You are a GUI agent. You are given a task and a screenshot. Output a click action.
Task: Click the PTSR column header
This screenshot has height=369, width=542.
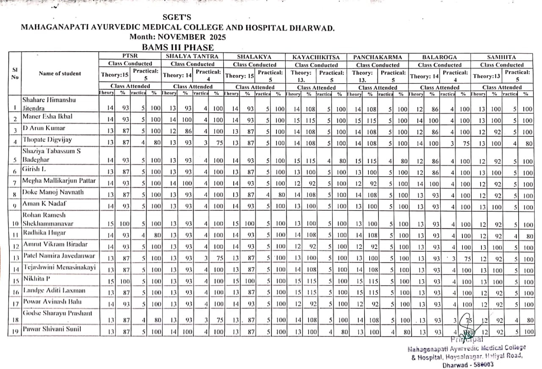[x=130, y=56]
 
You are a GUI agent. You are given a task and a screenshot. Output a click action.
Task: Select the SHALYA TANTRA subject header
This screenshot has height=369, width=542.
[x=192, y=56]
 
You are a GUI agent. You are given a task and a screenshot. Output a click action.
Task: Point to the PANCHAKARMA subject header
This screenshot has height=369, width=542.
[x=378, y=56]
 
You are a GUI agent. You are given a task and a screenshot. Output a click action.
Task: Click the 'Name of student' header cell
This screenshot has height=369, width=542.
[x=60, y=74]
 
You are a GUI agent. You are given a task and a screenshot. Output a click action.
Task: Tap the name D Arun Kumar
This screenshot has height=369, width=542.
[x=44, y=128]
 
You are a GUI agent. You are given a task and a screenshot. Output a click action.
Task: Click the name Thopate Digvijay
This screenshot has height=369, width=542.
[x=47, y=139]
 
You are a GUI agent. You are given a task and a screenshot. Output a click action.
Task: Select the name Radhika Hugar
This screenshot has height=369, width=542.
[x=44, y=233]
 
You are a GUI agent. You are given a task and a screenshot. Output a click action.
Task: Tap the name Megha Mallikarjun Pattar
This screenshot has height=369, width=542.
[x=59, y=181]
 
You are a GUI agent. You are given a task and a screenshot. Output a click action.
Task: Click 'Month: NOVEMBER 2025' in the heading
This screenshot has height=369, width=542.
[x=177, y=37]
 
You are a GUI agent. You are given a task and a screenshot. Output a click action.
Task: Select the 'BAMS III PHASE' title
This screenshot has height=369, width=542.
[x=177, y=47]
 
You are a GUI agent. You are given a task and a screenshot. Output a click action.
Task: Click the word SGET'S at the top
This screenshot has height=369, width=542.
[x=177, y=17]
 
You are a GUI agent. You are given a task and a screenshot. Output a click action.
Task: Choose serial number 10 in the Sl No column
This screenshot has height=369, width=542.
[x=15, y=224]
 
